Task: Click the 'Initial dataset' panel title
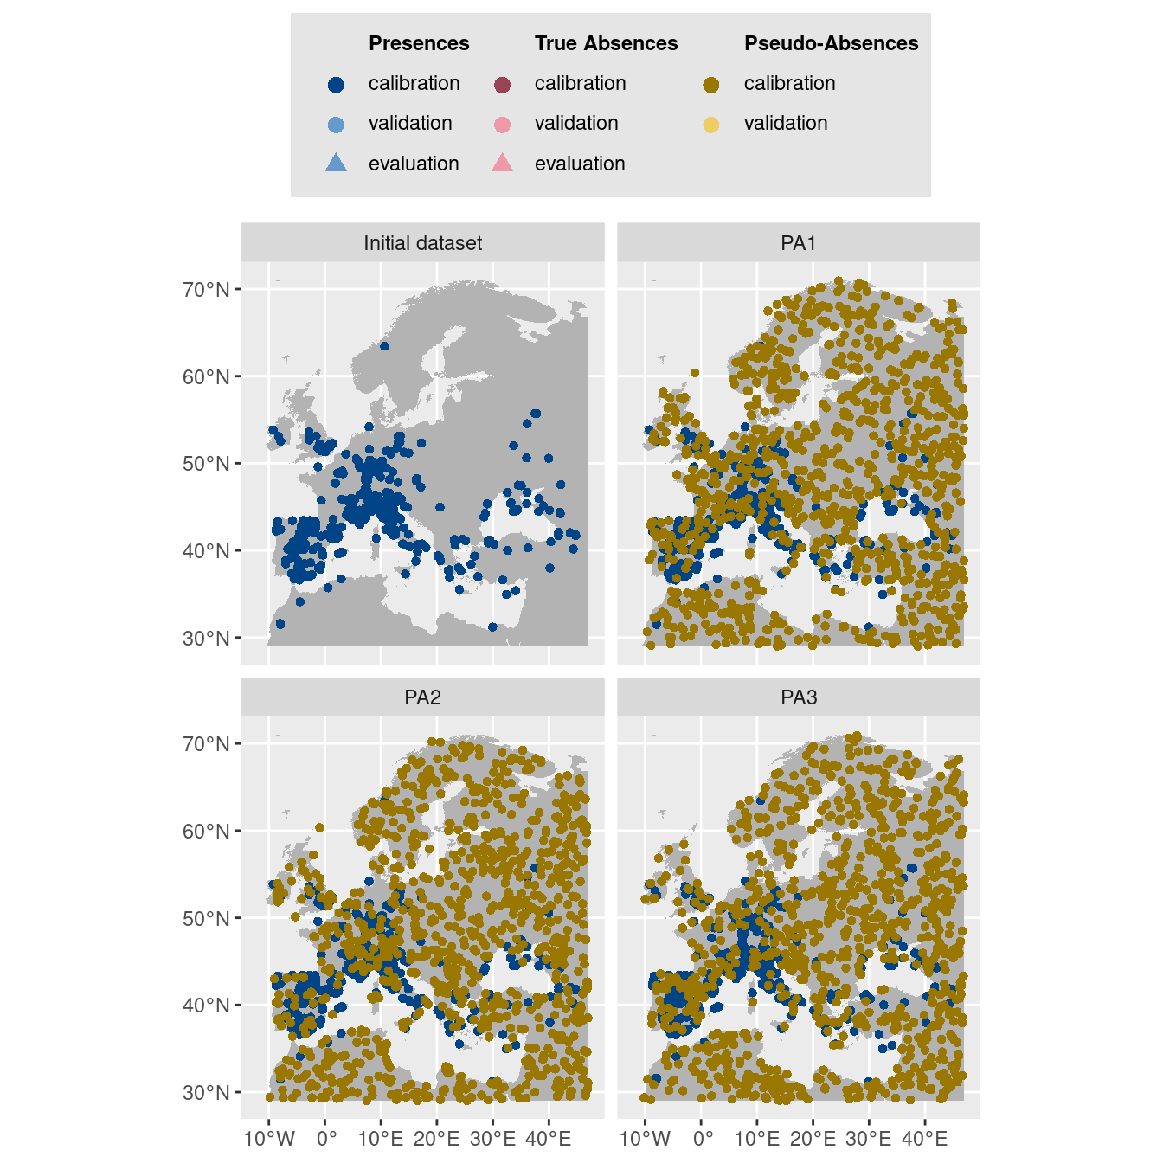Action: (422, 243)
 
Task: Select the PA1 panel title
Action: (798, 243)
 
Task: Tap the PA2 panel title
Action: (422, 697)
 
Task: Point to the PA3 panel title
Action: (798, 697)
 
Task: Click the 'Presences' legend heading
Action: (419, 43)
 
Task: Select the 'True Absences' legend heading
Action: (606, 43)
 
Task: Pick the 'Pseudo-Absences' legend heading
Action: (831, 43)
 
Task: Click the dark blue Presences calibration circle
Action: (337, 84)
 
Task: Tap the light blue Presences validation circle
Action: (337, 125)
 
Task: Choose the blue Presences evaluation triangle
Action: (337, 163)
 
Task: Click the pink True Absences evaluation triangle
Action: (502, 163)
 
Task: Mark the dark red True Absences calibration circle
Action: (502, 84)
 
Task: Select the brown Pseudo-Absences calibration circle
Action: (711, 84)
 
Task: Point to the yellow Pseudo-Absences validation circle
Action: (711, 125)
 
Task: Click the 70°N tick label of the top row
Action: (206, 290)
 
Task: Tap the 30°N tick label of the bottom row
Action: (206, 1093)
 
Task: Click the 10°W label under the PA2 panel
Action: (269, 1139)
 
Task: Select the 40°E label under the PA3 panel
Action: (924, 1139)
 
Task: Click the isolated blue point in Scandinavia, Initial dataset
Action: (384, 346)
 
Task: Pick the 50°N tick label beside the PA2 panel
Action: (206, 919)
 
